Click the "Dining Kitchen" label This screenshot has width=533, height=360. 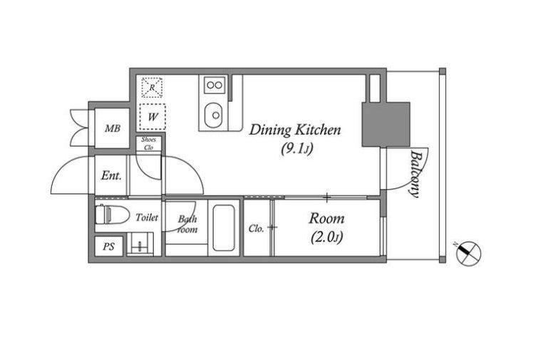click(x=295, y=130)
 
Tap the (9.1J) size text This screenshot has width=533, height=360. click(x=296, y=148)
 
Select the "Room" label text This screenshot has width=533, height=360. click(x=326, y=219)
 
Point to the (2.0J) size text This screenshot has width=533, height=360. click(x=326, y=237)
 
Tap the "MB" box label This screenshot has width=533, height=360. click(x=113, y=128)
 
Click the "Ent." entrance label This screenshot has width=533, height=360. click(x=111, y=175)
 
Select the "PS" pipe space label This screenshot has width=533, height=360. click(x=109, y=247)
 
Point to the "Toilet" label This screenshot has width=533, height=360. click(x=147, y=217)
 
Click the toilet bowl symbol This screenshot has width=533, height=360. click(x=112, y=215)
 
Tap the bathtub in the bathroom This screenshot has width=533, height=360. click(x=224, y=227)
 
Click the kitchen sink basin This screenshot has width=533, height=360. click(x=214, y=115)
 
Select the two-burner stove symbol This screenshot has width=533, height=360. click(x=214, y=85)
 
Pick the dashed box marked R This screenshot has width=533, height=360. click(x=152, y=88)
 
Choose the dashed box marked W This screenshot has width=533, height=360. click(x=152, y=117)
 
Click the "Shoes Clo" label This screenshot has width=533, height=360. click(x=148, y=143)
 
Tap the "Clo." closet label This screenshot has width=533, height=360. click(x=256, y=229)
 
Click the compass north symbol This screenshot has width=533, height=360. click(x=468, y=253)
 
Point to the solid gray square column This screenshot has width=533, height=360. click(x=385, y=125)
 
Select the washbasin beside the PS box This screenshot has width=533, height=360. click(x=140, y=244)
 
